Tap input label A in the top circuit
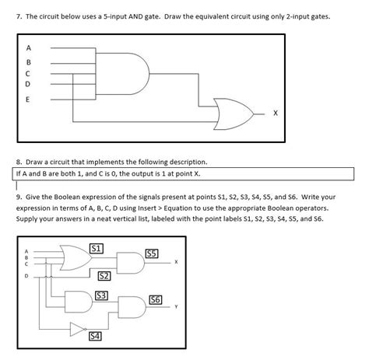[x=29, y=46]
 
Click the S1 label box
[x=97, y=247]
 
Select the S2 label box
[x=104, y=276]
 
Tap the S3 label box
[x=100, y=295]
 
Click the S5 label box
[x=153, y=253]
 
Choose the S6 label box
[x=155, y=300]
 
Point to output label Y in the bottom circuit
[x=176, y=307]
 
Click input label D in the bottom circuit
[x=27, y=274]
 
